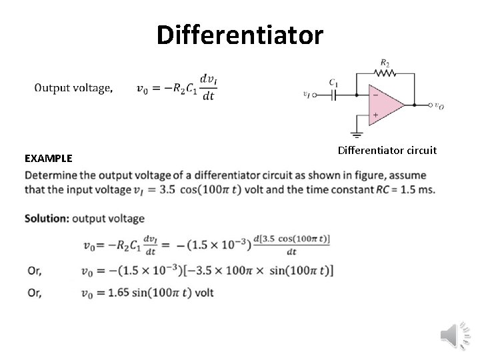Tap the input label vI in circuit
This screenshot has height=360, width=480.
click(307, 95)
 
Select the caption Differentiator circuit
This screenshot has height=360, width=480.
click(387, 150)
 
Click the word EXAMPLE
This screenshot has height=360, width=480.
click(48, 159)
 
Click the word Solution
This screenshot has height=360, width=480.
click(46, 218)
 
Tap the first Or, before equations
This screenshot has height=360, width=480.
click(35, 271)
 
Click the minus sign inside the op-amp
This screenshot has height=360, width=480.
click(375, 95)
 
